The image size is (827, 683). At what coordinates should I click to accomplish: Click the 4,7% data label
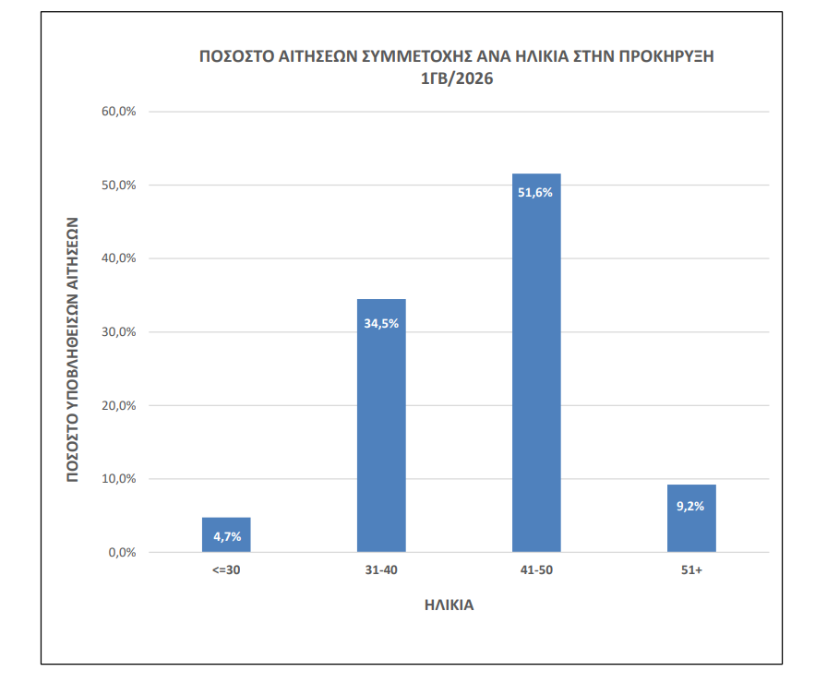226,536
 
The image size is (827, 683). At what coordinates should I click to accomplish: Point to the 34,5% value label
381,323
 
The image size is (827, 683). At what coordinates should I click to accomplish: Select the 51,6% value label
536,193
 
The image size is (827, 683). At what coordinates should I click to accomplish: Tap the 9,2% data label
691,506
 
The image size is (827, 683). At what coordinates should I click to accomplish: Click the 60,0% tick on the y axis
119,112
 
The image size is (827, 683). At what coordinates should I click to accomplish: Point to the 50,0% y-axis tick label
119,186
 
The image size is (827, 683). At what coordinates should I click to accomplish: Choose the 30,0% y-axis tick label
119,332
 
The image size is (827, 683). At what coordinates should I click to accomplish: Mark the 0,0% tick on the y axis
122,553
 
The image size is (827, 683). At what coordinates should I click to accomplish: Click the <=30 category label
226,570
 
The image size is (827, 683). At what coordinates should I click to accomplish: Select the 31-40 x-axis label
381,570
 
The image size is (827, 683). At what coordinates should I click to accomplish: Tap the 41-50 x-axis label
536,570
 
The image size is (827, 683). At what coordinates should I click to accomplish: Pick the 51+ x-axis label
691,570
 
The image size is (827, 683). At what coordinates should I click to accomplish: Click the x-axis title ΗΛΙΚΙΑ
449,605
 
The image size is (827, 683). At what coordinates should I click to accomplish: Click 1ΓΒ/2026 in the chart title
457,80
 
